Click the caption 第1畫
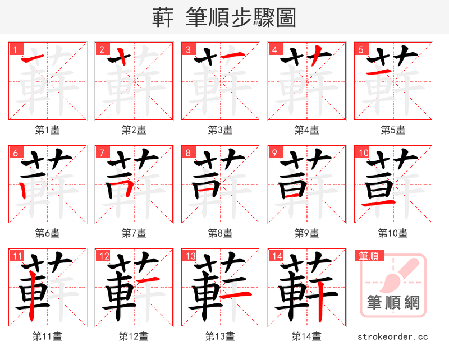[x=48, y=130]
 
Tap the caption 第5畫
[x=393, y=130]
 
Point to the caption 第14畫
[x=306, y=336]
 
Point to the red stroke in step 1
[x=34, y=58]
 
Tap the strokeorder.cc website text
[x=393, y=336]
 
